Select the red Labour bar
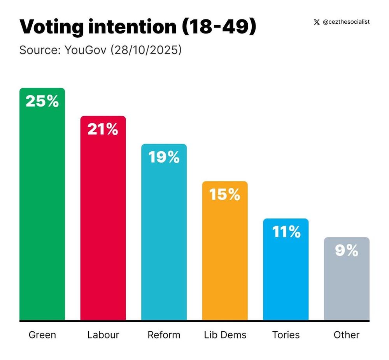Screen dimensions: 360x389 [x=103, y=225]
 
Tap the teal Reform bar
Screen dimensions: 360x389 [x=164, y=241]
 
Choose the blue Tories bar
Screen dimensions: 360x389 [x=286, y=276]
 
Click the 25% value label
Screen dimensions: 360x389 [x=42, y=101]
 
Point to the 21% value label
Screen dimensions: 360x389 [x=103, y=129]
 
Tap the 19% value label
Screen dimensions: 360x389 [x=164, y=157]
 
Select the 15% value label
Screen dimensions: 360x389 [x=224, y=195]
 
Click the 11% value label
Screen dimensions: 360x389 [x=286, y=232]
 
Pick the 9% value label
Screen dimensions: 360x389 [x=347, y=251]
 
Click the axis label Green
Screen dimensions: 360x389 [x=42, y=335]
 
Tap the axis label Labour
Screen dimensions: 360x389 [x=103, y=335]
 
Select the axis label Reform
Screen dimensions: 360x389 [x=164, y=335]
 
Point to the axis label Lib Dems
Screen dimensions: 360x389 [x=225, y=335]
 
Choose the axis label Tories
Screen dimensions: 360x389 [x=286, y=335]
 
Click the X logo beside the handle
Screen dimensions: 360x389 [x=317, y=22]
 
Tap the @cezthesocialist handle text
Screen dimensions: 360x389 [x=346, y=22]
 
